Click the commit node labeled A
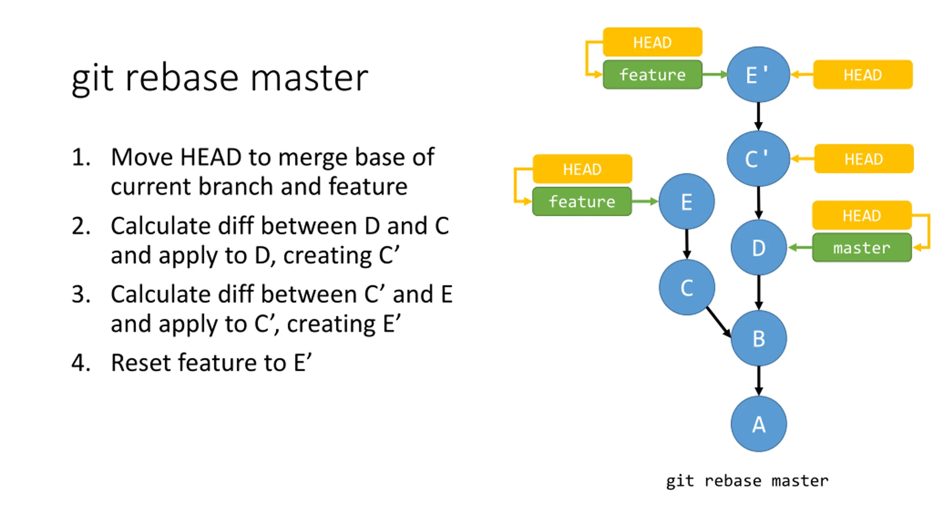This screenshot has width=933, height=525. (758, 424)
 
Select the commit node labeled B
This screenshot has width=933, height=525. (758, 338)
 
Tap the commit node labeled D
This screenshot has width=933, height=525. (758, 247)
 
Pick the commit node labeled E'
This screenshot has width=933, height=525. (758, 74)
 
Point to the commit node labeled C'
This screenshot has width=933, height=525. (758, 159)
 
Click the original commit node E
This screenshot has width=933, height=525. (687, 201)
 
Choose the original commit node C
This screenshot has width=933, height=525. (687, 287)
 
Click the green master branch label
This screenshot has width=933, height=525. (862, 248)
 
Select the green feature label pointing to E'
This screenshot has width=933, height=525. (652, 75)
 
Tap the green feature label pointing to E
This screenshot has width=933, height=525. (582, 202)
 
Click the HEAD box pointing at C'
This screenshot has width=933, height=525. (864, 159)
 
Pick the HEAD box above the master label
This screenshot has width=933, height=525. (862, 215)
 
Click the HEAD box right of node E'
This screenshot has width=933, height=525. (863, 75)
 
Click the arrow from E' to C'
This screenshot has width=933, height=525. (758, 117)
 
